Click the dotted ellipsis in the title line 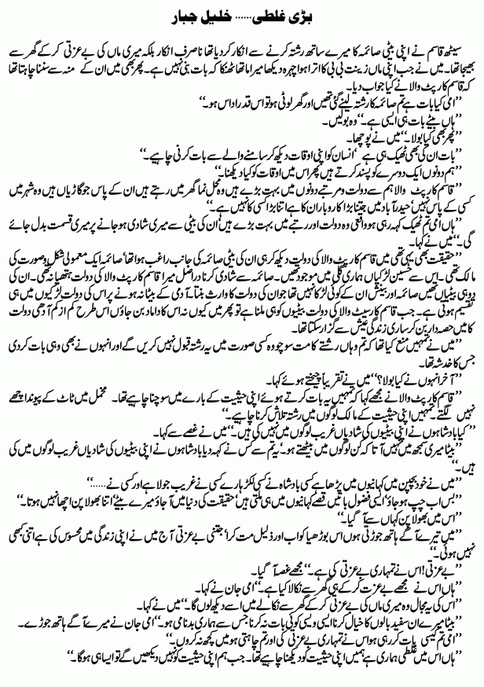[240, 17]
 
